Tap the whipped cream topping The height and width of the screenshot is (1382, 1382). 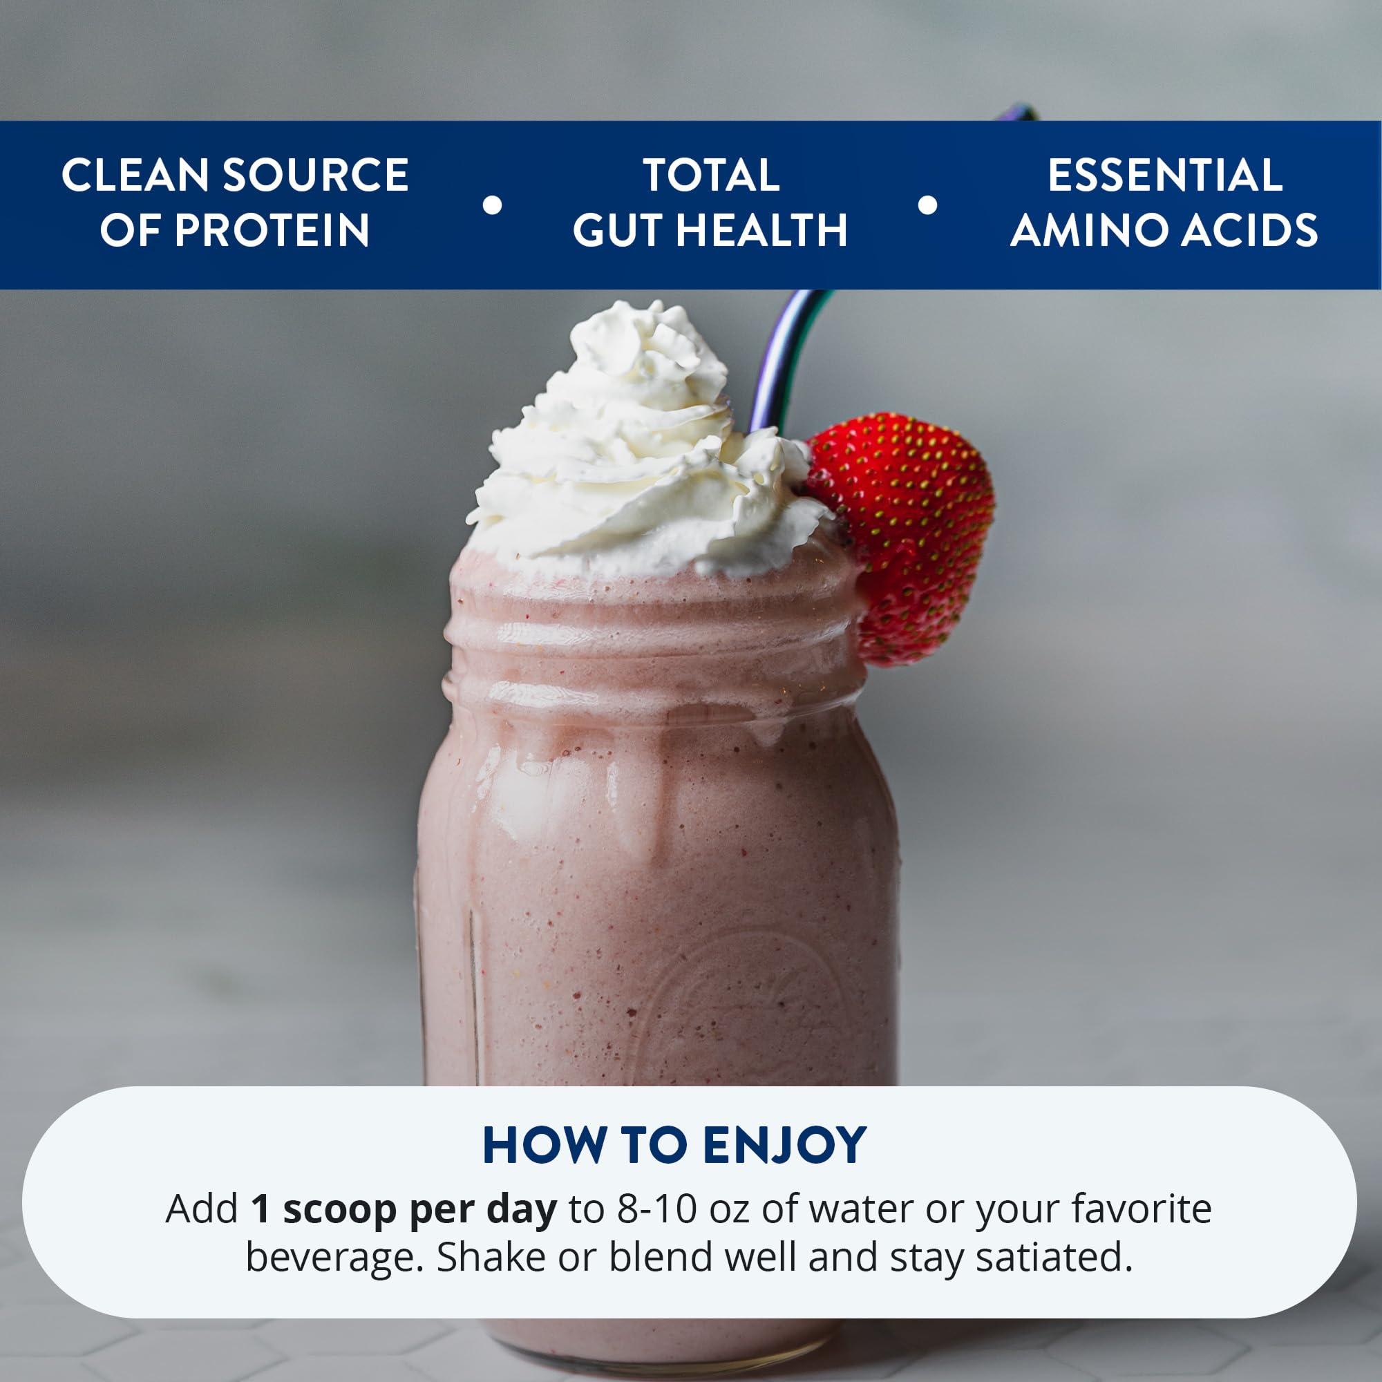click(x=636, y=444)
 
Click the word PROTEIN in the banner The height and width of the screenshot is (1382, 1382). click(x=272, y=230)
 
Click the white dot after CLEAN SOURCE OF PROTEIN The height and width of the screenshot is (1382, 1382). click(x=492, y=205)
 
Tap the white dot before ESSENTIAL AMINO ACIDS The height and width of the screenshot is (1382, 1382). click(x=927, y=205)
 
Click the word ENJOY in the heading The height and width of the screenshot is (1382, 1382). click(x=785, y=1145)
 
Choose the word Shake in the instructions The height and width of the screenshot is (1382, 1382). click(x=491, y=1258)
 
